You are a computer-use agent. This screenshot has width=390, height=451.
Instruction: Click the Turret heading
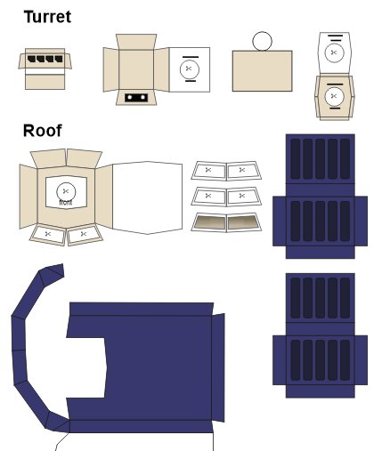[47, 17]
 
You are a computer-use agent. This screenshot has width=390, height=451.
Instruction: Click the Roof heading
[43, 131]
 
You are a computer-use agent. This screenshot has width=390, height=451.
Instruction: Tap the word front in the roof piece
[66, 203]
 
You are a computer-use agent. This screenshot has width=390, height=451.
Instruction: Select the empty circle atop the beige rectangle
[262, 41]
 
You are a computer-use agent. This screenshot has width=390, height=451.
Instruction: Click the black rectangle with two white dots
[136, 98]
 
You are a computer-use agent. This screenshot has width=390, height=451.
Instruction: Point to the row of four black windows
[45, 59]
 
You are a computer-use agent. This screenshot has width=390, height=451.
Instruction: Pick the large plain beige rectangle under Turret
[262, 71]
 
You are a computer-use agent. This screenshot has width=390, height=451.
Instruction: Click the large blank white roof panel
[148, 197]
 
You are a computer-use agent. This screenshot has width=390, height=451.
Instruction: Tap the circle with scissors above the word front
[66, 192]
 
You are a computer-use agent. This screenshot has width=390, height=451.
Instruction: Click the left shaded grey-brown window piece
[208, 222]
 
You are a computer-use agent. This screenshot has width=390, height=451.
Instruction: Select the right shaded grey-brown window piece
[244, 222]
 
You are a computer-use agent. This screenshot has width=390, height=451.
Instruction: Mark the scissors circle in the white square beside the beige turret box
[190, 69]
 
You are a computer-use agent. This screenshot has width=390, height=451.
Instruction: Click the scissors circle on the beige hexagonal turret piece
[334, 96]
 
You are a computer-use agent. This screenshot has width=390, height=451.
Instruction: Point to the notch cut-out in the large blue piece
[86, 367]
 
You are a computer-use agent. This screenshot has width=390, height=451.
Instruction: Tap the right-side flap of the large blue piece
[218, 367]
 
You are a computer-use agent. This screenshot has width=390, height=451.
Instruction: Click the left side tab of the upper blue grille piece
[280, 221]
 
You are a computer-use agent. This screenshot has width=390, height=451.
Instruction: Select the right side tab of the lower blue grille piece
[361, 360]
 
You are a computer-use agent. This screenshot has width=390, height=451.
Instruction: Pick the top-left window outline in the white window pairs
[208, 171]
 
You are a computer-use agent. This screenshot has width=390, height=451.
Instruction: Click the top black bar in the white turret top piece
[336, 36]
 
